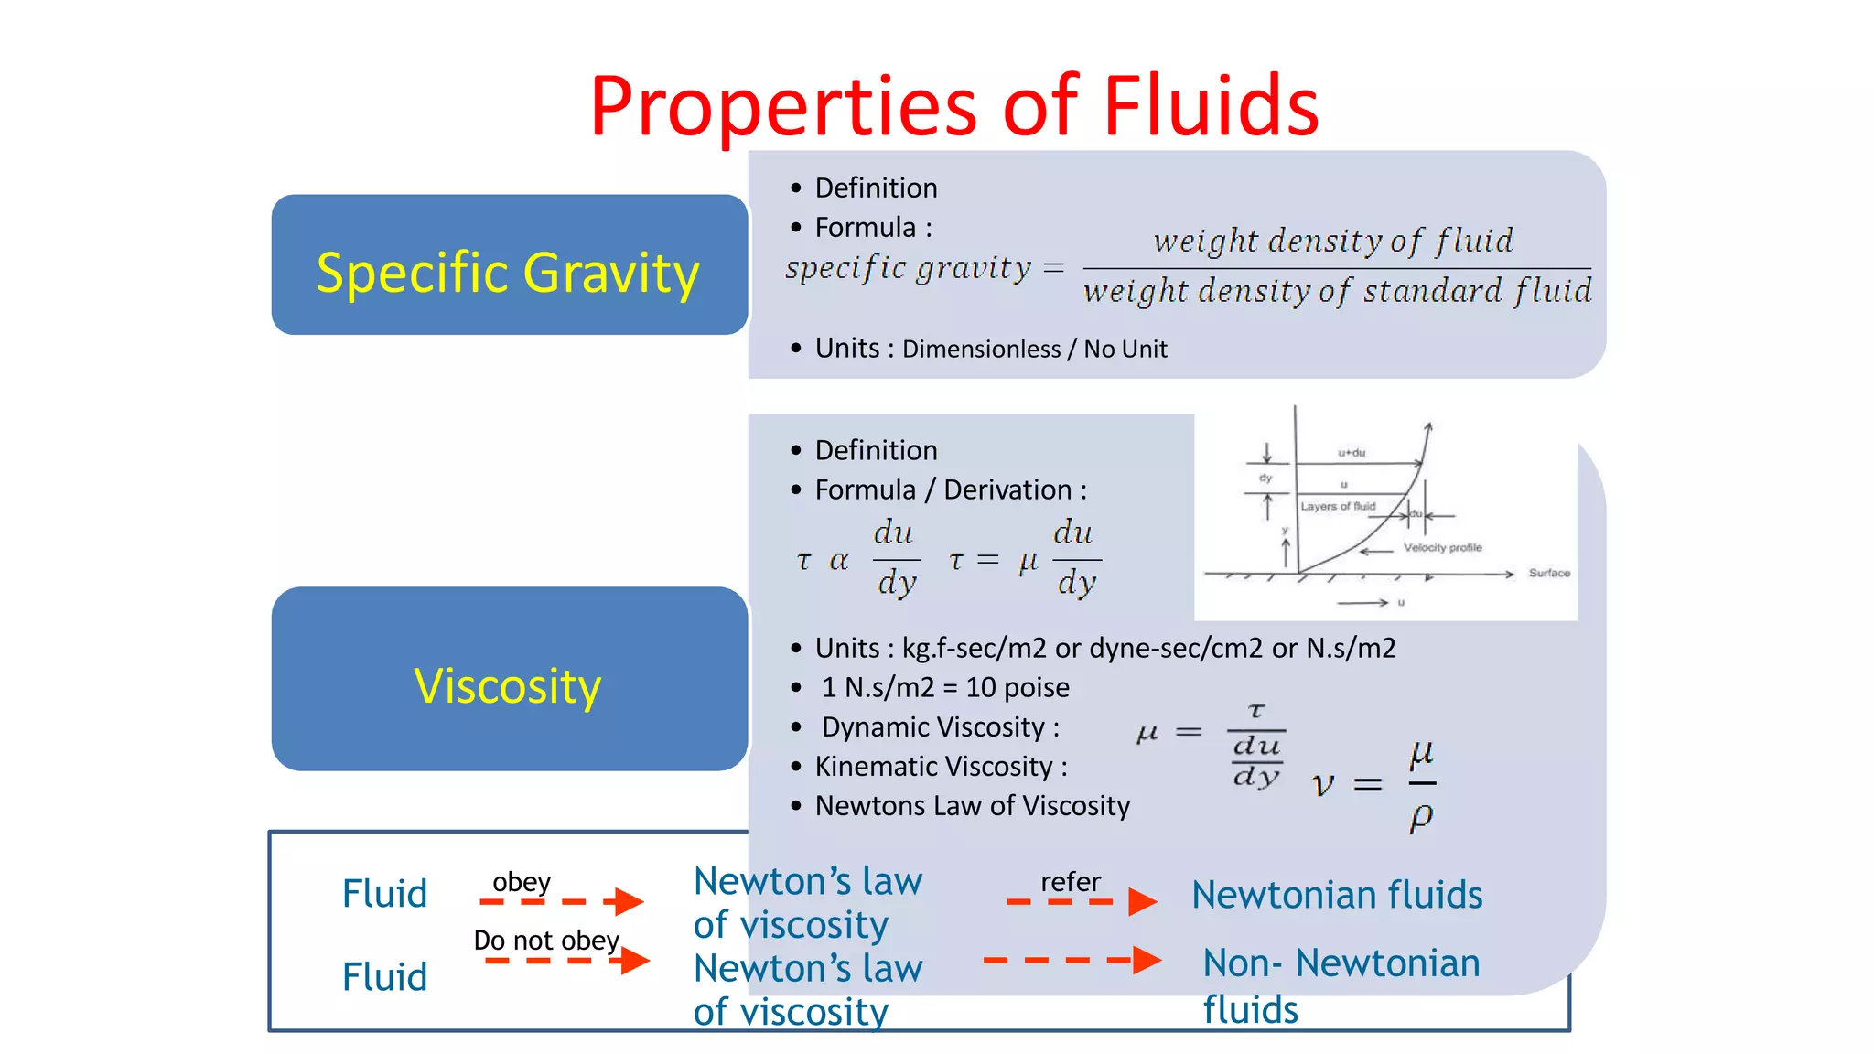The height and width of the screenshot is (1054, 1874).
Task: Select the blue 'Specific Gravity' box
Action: tap(509, 265)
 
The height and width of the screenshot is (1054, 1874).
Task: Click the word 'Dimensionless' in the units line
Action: tap(981, 350)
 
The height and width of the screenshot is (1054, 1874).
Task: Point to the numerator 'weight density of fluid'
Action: tap(1333, 241)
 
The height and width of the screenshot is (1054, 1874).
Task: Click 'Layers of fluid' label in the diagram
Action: tap(1337, 506)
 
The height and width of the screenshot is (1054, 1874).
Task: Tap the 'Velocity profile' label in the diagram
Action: tap(1442, 547)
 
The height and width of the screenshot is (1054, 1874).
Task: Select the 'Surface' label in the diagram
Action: tap(1548, 573)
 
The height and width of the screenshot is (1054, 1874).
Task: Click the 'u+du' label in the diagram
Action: tap(1351, 452)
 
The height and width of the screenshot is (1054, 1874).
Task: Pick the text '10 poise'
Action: tap(1018, 687)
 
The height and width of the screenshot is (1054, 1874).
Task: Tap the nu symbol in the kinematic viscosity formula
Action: tap(1323, 785)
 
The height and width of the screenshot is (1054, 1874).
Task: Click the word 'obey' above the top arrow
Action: tap(521, 882)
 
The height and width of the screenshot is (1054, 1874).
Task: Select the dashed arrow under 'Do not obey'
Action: tap(565, 961)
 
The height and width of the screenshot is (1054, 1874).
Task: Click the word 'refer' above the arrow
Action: tap(1070, 882)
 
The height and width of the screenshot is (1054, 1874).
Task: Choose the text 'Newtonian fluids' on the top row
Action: tap(1336, 895)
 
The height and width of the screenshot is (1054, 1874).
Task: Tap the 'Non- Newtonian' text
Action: tap(1341, 963)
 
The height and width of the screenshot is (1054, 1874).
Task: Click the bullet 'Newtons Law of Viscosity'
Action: tap(972, 806)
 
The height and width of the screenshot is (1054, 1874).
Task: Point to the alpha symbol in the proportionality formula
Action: tap(838, 560)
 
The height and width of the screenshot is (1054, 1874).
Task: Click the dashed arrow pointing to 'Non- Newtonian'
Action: tap(1072, 960)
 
